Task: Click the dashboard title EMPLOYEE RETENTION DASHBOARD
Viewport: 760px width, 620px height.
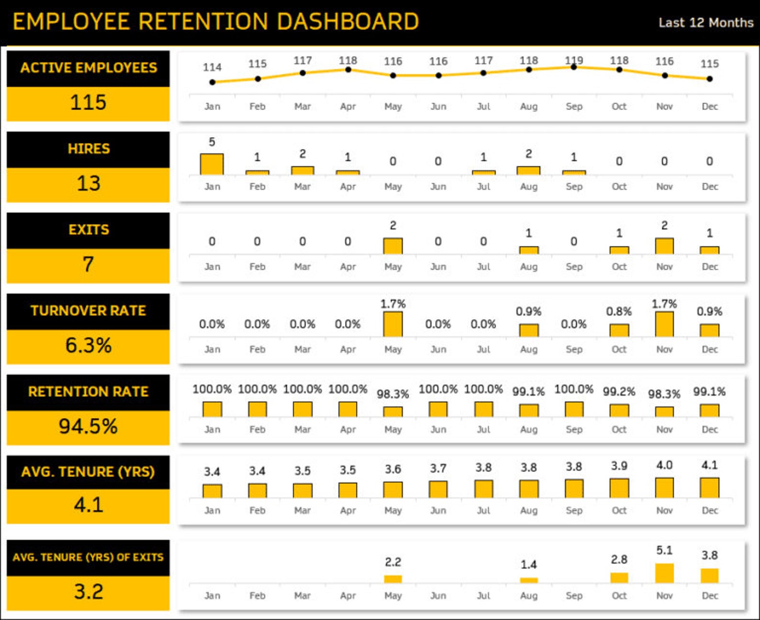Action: (x=215, y=22)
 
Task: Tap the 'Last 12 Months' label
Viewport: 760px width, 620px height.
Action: (x=705, y=22)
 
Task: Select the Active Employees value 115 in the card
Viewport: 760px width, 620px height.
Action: (x=88, y=103)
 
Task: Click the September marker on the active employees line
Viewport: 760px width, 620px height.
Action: (x=573, y=67)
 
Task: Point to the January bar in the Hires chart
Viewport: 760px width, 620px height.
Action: (x=212, y=164)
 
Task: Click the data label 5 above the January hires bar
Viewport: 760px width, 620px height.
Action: (x=212, y=142)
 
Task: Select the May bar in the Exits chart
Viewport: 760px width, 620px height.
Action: (x=392, y=246)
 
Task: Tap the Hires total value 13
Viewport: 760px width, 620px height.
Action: (x=88, y=184)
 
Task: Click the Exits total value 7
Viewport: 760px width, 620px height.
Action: (x=88, y=265)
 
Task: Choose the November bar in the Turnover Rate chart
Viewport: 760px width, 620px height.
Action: (x=664, y=324)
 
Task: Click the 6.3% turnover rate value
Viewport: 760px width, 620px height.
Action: (x=88, y=345)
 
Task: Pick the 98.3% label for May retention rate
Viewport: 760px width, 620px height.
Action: (x=392, y=394)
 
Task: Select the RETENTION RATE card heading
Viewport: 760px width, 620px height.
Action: (x=88, y=392)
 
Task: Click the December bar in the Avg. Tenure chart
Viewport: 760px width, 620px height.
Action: (x=709, y=488)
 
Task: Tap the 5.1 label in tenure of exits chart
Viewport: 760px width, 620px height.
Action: (x=664, y=551)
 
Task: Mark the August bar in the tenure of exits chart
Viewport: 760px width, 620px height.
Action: (x=528, y=580)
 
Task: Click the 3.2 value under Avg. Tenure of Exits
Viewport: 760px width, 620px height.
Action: (x=88, y=592)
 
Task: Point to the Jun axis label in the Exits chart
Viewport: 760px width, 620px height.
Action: (x=438, y=267)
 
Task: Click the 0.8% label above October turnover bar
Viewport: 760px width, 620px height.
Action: (x=618, y=311)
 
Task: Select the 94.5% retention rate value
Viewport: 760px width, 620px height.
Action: (x=88, y=426)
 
